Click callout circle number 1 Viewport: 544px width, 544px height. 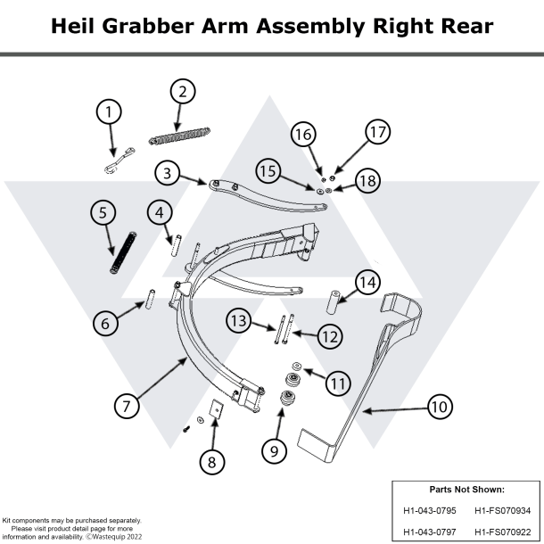coord(109,112)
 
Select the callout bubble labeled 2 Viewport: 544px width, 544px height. coord(181,91)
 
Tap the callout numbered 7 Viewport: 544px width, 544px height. coord(127,404)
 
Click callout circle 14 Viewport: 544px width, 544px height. coord(367,282)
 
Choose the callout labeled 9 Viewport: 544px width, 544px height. coord(274,451)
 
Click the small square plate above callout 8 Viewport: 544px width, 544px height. coord(215,408)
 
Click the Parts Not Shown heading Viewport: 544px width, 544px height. coord(466,490)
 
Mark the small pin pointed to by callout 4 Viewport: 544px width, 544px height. coord(177,243)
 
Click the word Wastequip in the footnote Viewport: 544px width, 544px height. coord(113,537)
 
